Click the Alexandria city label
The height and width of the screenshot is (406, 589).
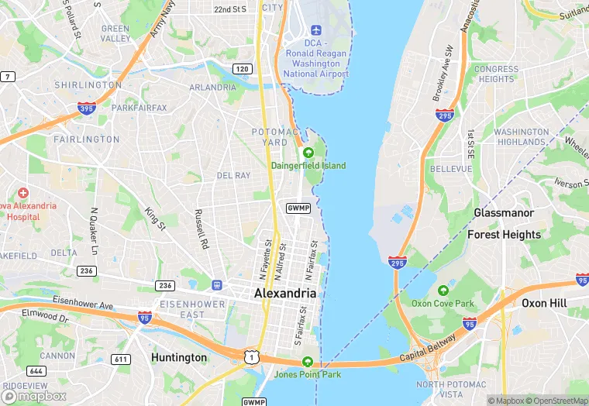point(285,294)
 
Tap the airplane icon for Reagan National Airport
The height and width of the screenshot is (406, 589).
point(315,30)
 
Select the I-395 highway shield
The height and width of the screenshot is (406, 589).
point(87,108)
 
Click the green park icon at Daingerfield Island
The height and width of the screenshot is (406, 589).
point(308,153)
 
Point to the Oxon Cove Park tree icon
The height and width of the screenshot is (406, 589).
point(443,291)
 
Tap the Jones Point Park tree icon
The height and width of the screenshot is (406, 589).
point(308,362)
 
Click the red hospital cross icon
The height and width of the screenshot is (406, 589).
point(23,192)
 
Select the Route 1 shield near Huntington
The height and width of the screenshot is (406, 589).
point(250,356)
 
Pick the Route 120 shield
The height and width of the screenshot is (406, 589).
point(243,69)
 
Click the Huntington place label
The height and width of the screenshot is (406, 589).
point(179,358)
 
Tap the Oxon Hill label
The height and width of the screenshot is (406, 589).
point(543,303)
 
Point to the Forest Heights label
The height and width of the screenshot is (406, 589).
point(504,235)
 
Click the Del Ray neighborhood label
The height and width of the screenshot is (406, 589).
point(233,176)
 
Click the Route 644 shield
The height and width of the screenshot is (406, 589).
point(36,371)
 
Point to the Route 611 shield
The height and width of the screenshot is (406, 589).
point(121,359)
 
